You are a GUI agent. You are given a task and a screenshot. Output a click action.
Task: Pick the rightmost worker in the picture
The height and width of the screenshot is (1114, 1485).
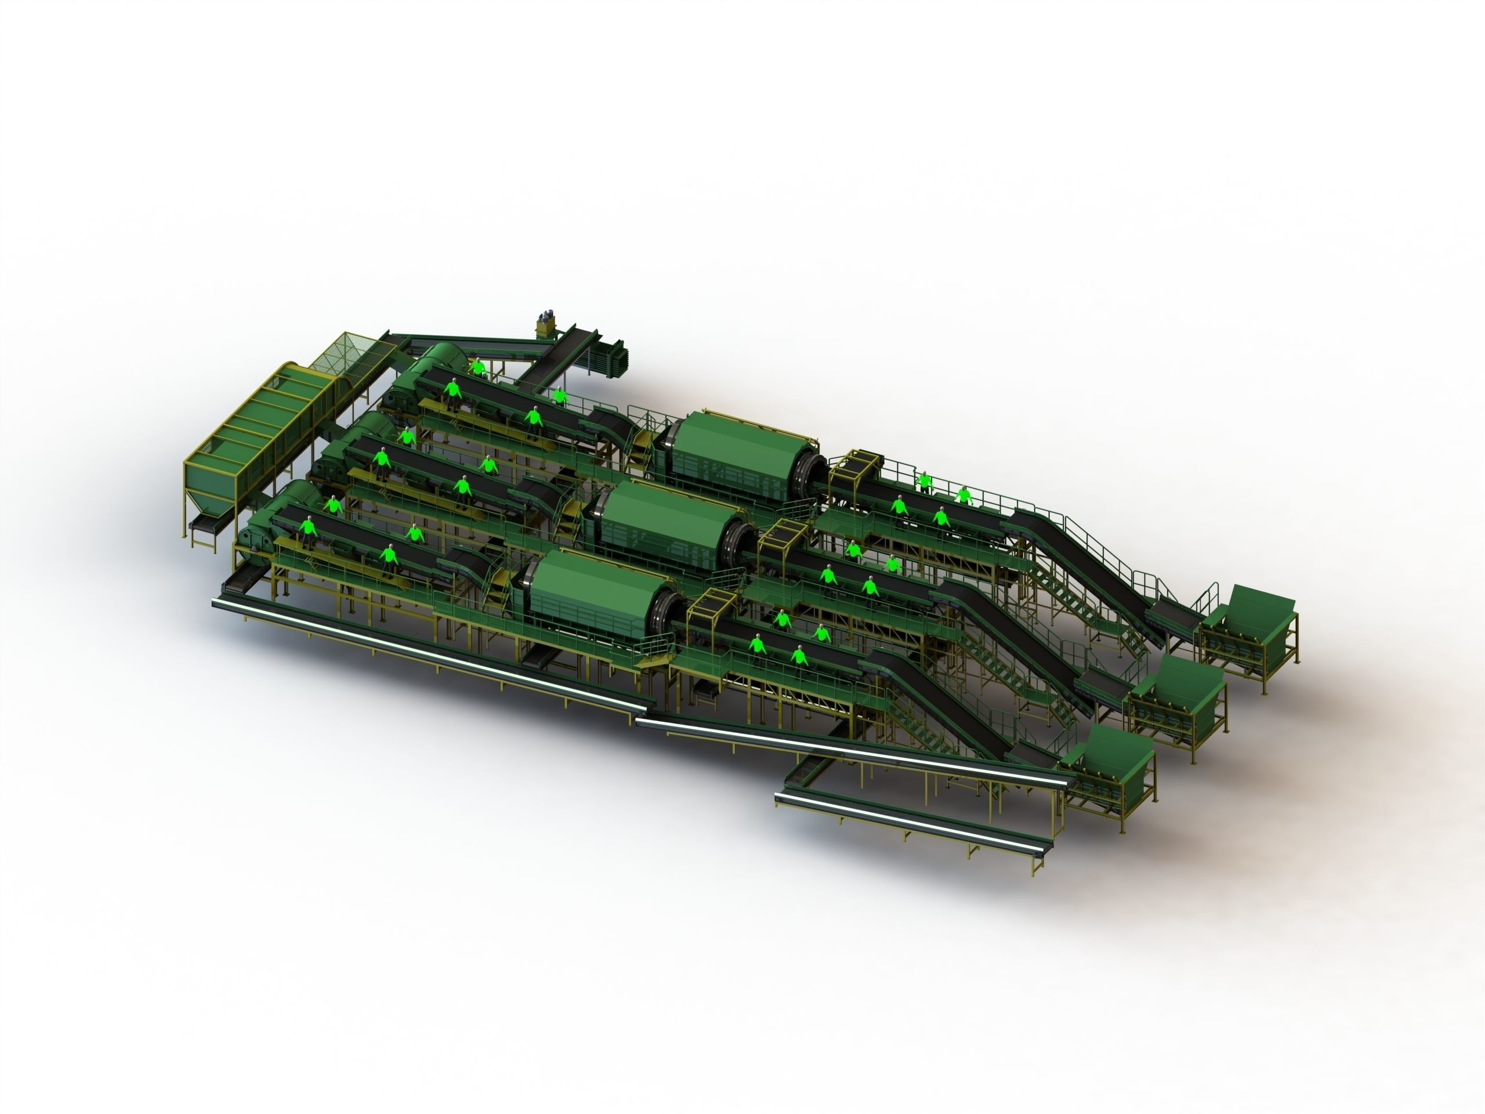pos(964,495)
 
